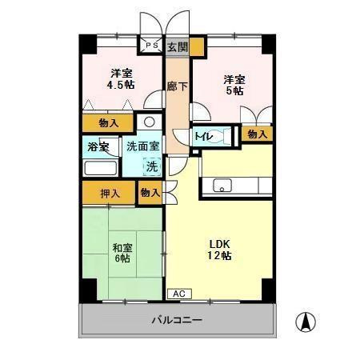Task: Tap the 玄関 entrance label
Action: click(x=178, y=47)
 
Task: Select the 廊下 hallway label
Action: click(x=177, y=86)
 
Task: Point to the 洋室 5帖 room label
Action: click(x=233, y=85)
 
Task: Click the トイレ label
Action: click(x=204, y=136)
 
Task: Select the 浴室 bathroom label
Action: click(x=99, y=147)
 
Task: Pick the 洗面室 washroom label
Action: click(x=143, y=146)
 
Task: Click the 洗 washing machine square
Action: click(x=151, y=166)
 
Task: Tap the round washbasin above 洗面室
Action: click(x=149, y=123)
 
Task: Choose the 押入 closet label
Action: click(x=110, y=192)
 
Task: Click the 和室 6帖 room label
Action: click(x=122, y=253)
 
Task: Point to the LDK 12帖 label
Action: click(x=221, y=250)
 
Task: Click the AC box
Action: click(x=178, y=293)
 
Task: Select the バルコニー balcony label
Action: click(x=177, y=320)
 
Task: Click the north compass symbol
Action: click(x=304, y=322)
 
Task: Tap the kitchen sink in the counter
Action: click(x=221, y=187)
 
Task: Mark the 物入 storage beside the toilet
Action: click(x=257, y=135)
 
